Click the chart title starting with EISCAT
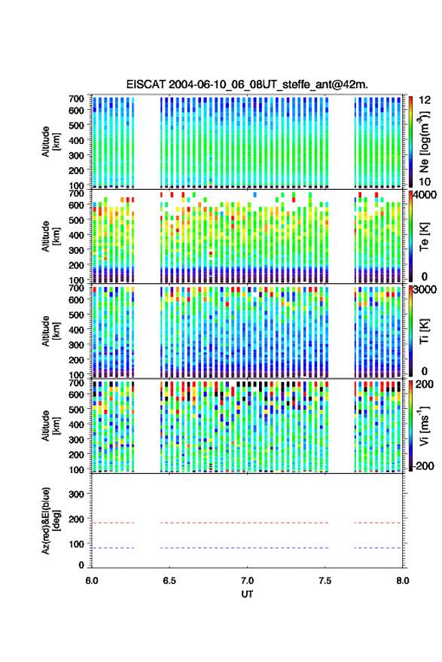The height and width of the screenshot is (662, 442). tap(247, 84)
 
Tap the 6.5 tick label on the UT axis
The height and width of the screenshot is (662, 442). tap(169, 581)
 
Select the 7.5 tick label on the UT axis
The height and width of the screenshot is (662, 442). tap(325, 581)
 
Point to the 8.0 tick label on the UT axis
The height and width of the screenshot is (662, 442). tap(403, 581)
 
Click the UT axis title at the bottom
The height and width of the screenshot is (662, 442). tap(248, 594)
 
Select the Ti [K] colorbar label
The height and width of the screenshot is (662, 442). tap(425, 331)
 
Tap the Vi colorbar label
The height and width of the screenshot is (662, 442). tap(425, 426)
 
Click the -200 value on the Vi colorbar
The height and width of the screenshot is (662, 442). tap(423, 466)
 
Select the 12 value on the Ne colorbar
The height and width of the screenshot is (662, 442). tap(425, 100)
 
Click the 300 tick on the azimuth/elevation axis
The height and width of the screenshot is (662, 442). tap(76, 494)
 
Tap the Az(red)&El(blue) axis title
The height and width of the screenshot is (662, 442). tap(50, 521)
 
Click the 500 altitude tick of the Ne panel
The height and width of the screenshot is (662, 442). tap(76, 125)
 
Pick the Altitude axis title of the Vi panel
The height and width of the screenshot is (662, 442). tap(50, 426)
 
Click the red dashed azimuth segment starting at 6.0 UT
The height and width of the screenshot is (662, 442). tap(113, 523)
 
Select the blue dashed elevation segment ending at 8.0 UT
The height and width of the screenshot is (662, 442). tap(377, 548)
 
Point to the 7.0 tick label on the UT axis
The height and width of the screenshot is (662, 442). tap(248, 581)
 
